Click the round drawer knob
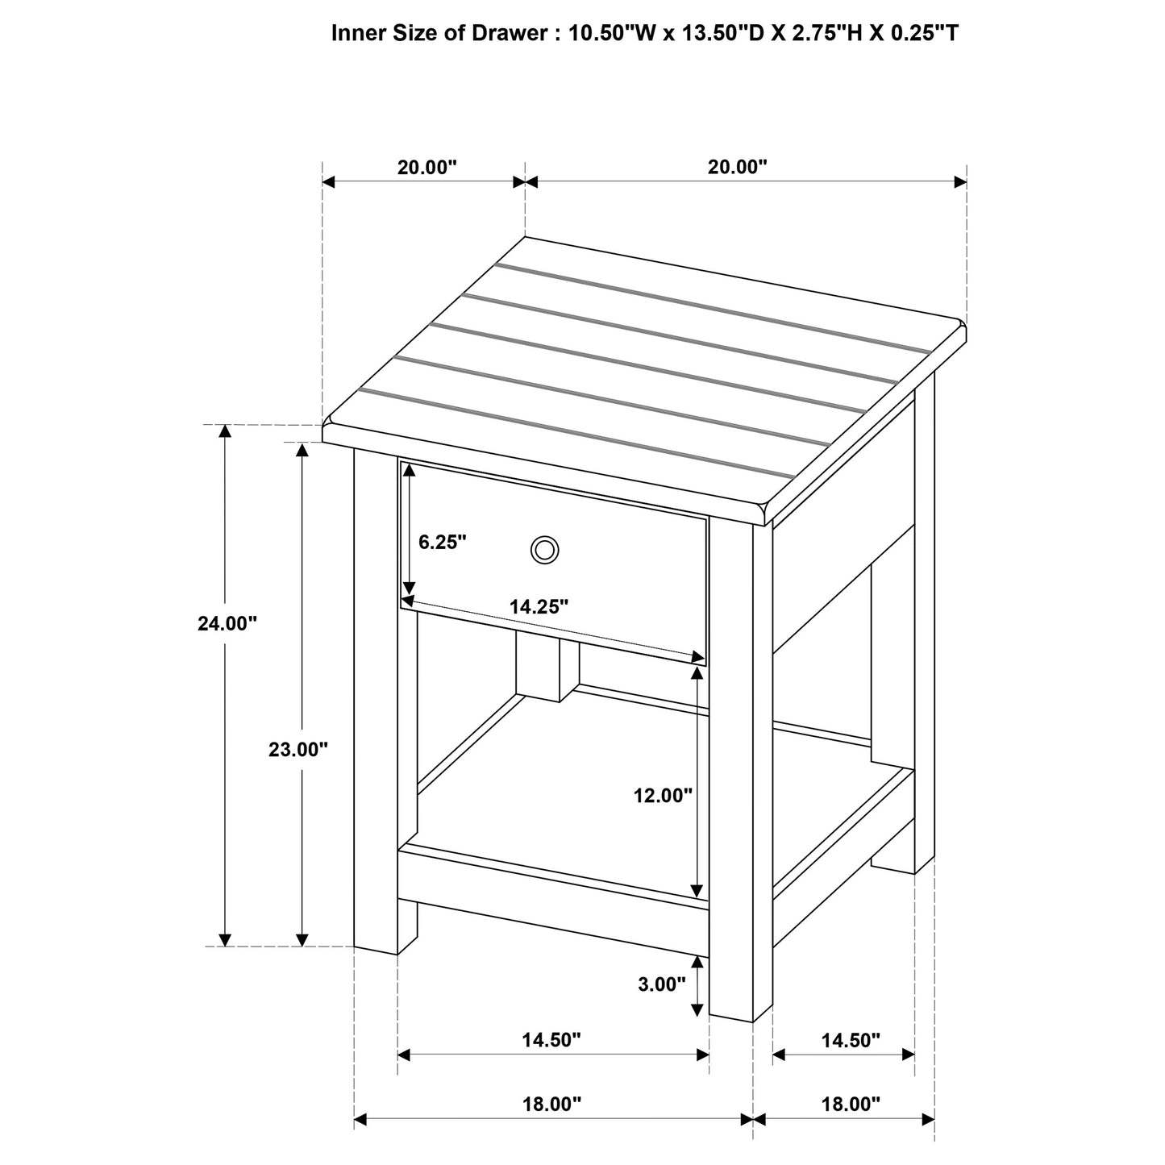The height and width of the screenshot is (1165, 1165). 544,550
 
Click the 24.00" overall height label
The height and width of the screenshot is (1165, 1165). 227,623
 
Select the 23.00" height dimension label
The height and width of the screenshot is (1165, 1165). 298,750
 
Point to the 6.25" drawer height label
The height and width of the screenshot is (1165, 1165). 443,542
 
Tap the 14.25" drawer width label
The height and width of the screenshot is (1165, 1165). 539,607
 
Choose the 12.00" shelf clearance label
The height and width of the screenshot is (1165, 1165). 663,796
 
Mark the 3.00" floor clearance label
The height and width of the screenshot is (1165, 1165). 661,984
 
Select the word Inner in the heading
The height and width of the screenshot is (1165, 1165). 356,33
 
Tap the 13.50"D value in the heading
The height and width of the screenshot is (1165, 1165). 713,33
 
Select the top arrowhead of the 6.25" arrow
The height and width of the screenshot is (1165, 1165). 409,469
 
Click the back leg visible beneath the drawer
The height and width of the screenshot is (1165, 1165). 538,665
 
